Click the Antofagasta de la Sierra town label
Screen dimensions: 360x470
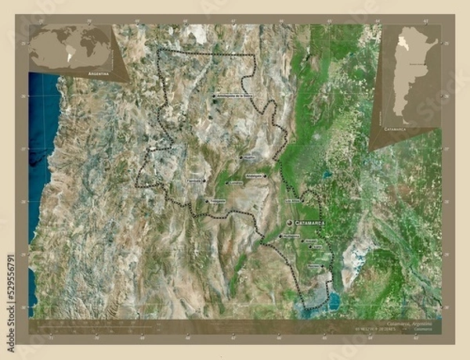point(234,96)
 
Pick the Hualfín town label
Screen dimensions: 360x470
point(248,157)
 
